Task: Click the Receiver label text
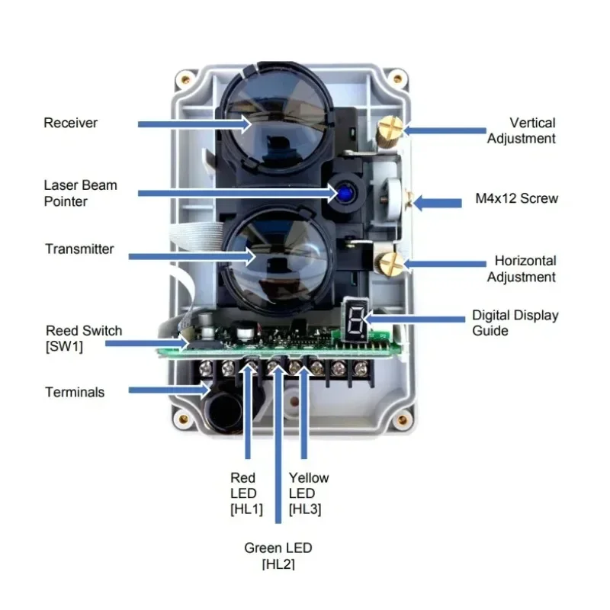[x=71, y=123]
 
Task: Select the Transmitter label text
[x=79, y=249]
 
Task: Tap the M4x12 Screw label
[x=515, y=199]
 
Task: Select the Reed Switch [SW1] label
[x=84, y=338]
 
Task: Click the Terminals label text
[x=75, y=392]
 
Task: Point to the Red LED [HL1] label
[x=245, y=493]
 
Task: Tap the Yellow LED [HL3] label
[x=308, y=493]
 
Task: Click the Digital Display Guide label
[x=515, y=323]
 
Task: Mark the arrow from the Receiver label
[x=194, y=124]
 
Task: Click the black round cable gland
[x=224, y=409]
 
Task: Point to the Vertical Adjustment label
[x=522, y=130]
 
